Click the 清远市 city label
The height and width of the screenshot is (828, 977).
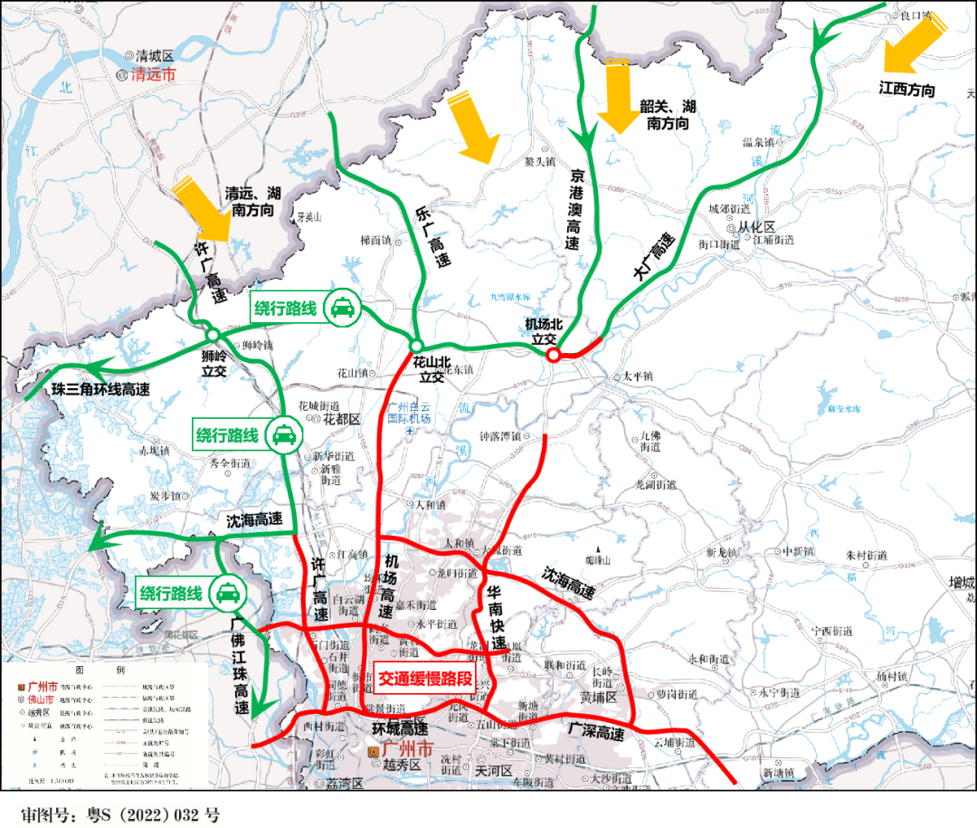click(x=154, y=75)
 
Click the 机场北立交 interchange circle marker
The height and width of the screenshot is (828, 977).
click(x=553, y=355)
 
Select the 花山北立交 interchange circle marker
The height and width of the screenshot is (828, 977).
click(x=416, y=346)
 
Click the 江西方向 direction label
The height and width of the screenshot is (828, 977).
click(x=906, y=90)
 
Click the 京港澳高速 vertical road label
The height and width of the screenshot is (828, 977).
click(x=574, y=209)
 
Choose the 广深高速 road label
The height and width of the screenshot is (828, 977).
click(x=596, y=730)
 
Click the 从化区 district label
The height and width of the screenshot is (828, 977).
click(x=756, y=226)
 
